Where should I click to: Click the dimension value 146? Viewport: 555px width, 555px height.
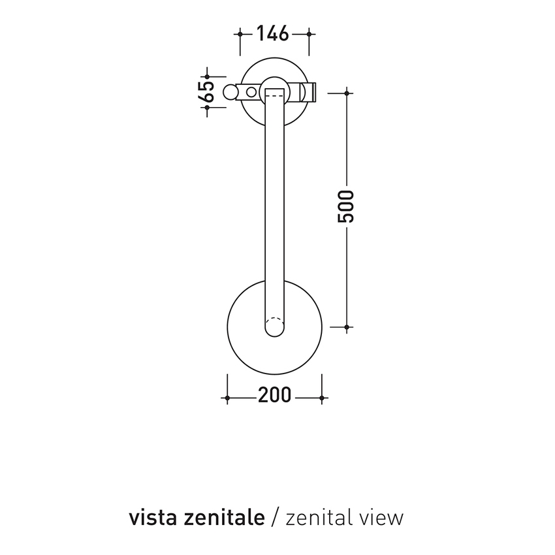273,33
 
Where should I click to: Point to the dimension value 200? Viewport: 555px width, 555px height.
274,397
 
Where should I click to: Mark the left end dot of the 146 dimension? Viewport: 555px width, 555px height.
241,33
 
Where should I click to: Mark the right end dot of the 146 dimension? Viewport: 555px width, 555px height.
309,33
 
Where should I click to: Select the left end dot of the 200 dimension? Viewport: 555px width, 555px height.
227,397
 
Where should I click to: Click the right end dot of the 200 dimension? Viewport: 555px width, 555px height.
322,397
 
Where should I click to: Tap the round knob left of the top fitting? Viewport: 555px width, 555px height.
231,92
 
